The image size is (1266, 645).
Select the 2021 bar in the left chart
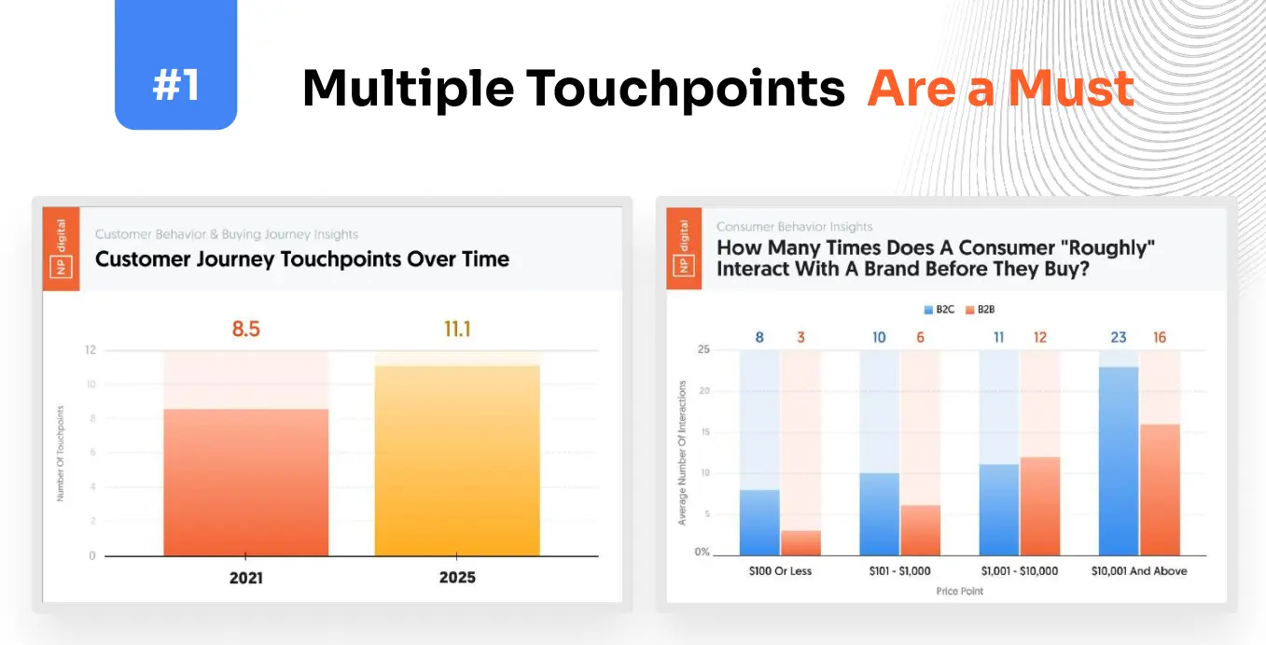[245, 482]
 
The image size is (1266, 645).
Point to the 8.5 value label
[245, 329]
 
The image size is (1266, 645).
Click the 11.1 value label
[457, 329]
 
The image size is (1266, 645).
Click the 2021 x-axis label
[245, 578]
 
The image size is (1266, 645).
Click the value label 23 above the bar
[1119, 337]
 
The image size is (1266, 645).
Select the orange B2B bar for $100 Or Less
[800, 543]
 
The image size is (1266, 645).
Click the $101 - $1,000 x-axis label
[899, 570]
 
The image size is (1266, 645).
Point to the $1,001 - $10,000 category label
[1019, 570]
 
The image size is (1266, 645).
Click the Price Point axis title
[960, 591]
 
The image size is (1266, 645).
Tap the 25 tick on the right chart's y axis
[703, 350]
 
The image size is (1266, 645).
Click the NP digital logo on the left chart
[61, 247]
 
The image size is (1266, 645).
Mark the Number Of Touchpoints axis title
[61, 454]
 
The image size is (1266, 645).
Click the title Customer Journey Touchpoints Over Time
[302, 259]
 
